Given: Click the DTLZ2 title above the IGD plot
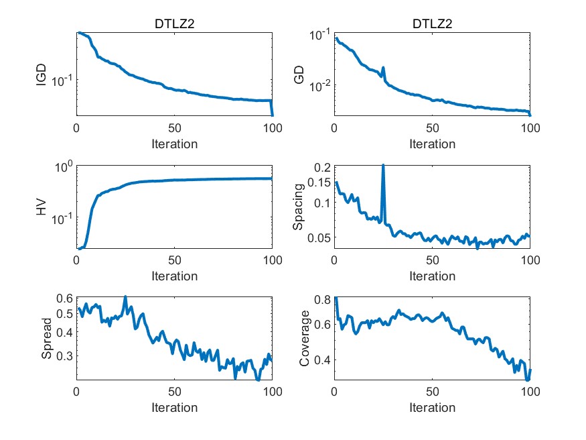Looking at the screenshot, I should point(174,25).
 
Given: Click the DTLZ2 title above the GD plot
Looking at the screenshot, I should point(432,25).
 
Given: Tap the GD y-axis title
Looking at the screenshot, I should point(301,74).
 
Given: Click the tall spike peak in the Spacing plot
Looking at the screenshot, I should point(383,165).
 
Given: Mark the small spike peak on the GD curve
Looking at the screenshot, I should point(383,67).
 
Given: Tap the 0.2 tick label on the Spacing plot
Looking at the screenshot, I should point(323,167).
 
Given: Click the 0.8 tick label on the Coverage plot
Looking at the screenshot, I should point(323,300).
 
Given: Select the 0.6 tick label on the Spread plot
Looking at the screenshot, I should point(64,299).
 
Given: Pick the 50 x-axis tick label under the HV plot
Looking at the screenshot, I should point(174,260).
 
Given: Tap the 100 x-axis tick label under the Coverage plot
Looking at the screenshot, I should point(530,392).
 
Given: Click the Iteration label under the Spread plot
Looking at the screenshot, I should point(174,407).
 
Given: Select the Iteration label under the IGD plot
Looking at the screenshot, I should point(174,144).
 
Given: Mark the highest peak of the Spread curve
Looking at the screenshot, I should point(125,296).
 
